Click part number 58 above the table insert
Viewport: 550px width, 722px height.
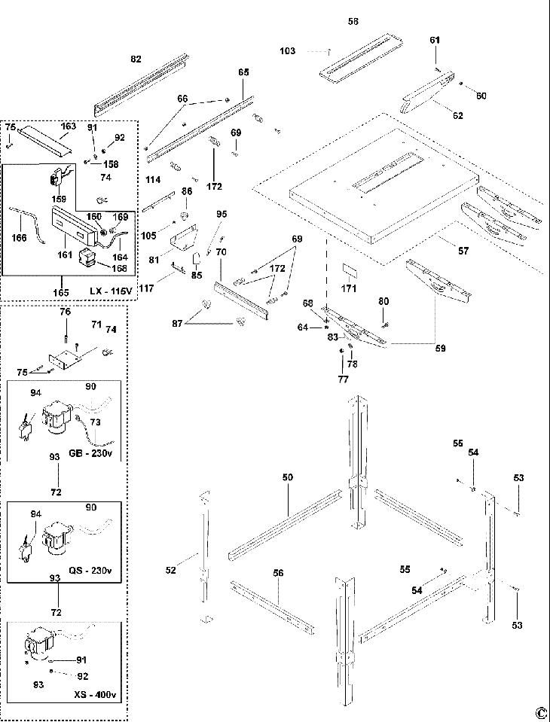353,23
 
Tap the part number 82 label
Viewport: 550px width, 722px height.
136,59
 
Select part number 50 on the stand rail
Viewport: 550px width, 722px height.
287,478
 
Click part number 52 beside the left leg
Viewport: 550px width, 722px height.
171,570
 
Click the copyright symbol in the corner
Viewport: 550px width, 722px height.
540,712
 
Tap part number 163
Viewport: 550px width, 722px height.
68,126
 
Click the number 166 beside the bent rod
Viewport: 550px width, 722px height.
20,238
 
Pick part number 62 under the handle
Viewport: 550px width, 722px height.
457,115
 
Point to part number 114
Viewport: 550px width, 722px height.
153,180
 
